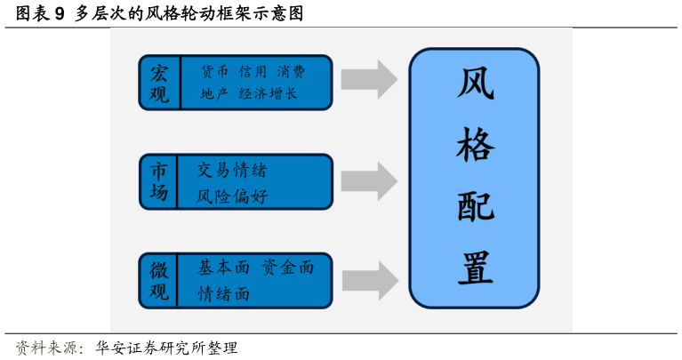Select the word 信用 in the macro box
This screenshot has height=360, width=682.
253,71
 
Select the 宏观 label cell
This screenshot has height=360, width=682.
159,83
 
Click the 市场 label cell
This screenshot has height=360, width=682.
159,181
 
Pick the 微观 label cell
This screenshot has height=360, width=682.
159,280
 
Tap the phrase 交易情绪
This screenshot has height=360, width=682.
231,170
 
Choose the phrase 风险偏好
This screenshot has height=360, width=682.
231,196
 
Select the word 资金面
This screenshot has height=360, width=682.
288,268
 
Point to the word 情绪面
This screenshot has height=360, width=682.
224,293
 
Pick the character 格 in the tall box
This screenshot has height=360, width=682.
475,145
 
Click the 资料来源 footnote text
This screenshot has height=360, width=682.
50,348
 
